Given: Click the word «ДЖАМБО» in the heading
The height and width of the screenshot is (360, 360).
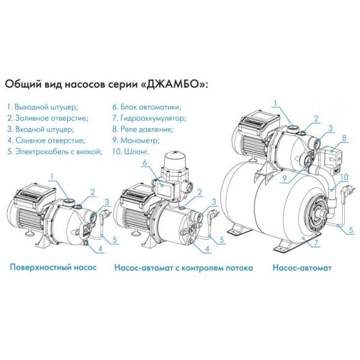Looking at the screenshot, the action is tap(171, 85).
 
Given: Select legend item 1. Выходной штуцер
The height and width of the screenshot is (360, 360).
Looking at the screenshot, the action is tap(42, 107).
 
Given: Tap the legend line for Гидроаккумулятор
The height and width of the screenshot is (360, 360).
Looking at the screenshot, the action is tap(149, 118).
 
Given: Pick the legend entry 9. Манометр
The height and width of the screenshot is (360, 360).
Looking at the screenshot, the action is tap(136, 140).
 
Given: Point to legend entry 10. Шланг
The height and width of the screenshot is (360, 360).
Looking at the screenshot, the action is tap(130, 151).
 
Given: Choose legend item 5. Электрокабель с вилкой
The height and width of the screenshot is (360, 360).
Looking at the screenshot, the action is tap(55, 151).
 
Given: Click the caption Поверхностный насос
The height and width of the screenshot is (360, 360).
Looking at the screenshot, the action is tap(53, 267).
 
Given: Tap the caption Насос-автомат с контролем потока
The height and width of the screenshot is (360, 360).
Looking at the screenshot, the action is tap(184, 268).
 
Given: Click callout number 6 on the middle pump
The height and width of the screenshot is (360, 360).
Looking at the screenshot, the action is tap(145, 163).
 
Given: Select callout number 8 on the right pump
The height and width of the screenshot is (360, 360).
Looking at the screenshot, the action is tap(345, 138).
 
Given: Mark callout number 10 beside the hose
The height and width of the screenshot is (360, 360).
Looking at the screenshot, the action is tap(344, 177).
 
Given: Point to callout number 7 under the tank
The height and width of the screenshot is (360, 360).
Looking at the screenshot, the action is tap(316, 243).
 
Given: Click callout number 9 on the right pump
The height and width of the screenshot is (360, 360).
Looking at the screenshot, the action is tap(285, 179).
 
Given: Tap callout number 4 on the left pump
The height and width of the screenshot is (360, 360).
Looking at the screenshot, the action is tap(100, 248).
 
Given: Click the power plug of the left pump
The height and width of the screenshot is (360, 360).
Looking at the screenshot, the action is tap(104, 215).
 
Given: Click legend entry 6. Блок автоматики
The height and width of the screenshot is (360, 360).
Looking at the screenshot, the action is tap(147, 107).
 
